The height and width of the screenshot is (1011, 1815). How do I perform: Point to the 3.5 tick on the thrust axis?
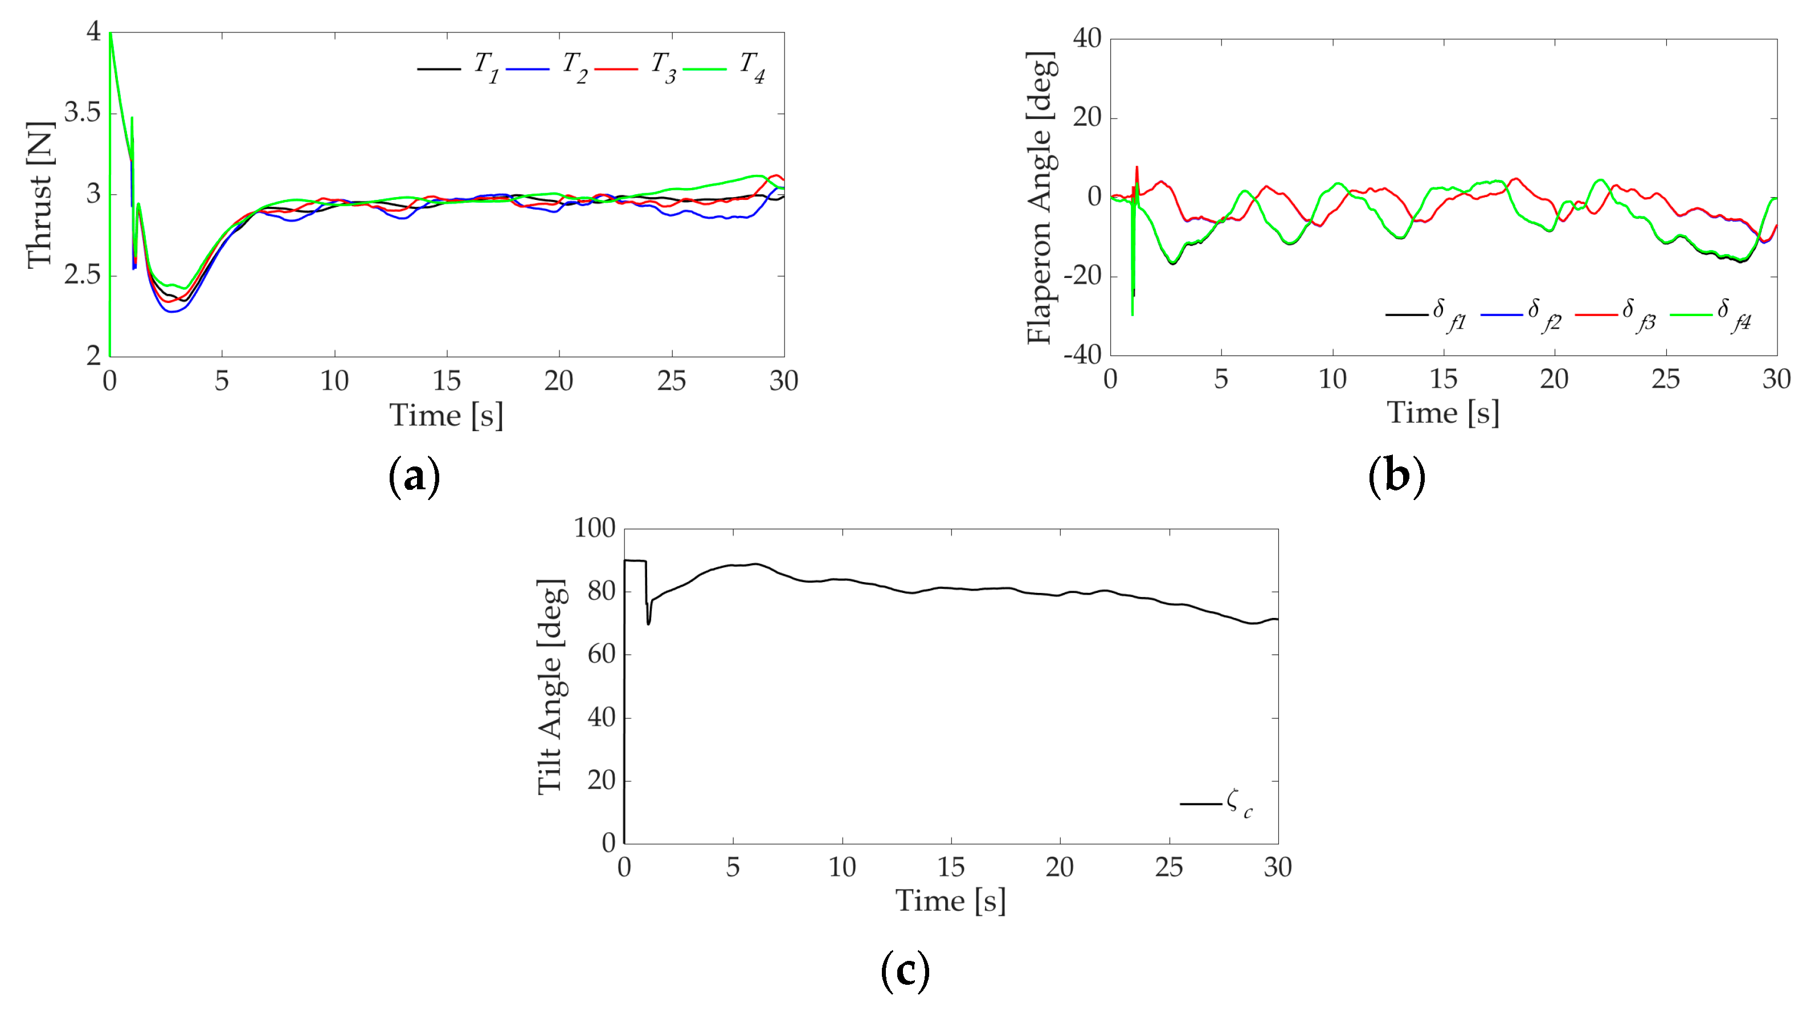point(83,113)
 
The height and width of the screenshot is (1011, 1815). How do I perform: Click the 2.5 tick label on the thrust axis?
point(83,276)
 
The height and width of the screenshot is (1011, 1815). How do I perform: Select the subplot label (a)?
point(414,477)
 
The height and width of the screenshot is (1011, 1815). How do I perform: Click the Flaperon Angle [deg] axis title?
point(1040,198)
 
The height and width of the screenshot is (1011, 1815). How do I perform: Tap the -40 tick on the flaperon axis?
point(1082,354)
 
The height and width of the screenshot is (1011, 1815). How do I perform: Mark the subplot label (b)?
point(1396,477)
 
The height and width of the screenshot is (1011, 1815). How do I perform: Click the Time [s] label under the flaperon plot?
point(1442,413)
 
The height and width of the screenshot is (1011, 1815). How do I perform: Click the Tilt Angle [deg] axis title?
point(550,687)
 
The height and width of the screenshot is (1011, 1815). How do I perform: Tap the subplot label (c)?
point(905,971)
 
